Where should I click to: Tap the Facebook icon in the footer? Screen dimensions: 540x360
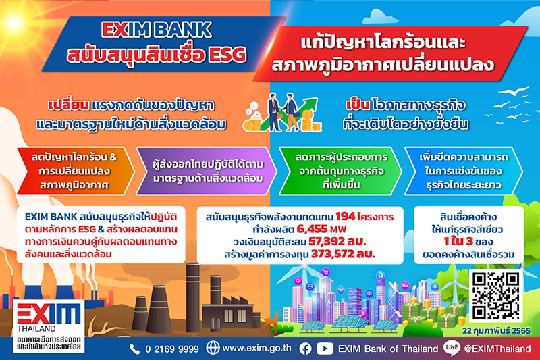tap(306, 349)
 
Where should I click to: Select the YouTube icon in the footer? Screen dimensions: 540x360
tap(325, 349)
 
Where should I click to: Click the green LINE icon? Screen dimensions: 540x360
tap(451, 349)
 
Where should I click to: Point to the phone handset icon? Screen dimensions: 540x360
tap(134, 349)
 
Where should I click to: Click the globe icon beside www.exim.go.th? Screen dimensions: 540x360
tap(213, 348)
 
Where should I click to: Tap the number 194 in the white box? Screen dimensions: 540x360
tap(346, 217)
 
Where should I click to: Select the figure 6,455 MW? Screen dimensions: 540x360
tap(321, 229)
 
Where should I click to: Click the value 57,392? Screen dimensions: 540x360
tap(327, 242)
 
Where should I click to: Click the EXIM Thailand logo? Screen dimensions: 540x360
tap(49, 326)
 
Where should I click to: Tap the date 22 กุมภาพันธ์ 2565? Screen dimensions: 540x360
tap(496, 331)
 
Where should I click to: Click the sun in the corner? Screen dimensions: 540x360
tap(13, 22)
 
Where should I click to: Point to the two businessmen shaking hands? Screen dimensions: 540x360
tap(282, 113)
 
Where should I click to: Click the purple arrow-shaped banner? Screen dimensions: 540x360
tap(207, 171)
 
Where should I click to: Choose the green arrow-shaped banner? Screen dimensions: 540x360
tap(340, 171)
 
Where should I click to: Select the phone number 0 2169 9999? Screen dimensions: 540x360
tap(172, 349)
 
